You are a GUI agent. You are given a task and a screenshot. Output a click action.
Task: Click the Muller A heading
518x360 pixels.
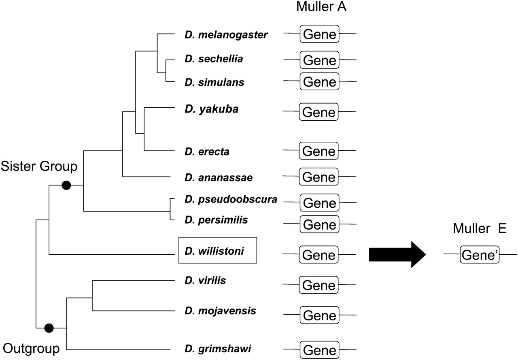[x=321, y=7]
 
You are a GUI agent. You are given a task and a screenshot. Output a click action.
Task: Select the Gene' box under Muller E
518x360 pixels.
[x=480, y=255]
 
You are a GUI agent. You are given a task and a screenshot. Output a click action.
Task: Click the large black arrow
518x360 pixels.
[x=397, y=255]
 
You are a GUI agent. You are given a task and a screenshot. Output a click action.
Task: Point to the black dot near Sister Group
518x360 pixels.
[x=66, y=185]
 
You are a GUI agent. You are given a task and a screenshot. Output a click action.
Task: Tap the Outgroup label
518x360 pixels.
[x=32, y=348]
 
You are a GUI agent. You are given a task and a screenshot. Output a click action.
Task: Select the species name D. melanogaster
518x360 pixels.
[x=226, y=35]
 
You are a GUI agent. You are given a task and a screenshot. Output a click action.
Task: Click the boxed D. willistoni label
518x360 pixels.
[x=218, y=250]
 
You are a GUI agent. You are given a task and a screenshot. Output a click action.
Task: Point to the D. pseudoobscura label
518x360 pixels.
[x=231, y=200]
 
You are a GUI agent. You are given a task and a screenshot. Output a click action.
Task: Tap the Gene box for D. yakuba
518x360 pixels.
[x=319, y=112]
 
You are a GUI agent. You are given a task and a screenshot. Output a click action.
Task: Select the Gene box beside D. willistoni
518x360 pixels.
[x=319, y=255]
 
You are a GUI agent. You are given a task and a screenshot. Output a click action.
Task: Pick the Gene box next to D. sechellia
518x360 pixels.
[x=320, y=60]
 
